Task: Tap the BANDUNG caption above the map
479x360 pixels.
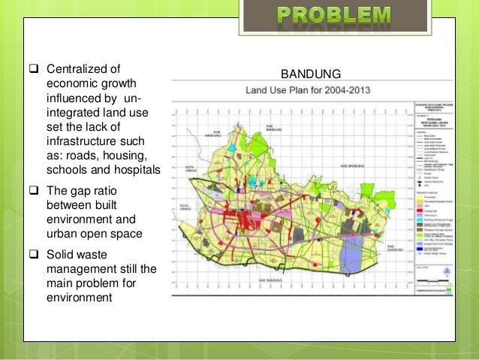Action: (311, 74)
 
